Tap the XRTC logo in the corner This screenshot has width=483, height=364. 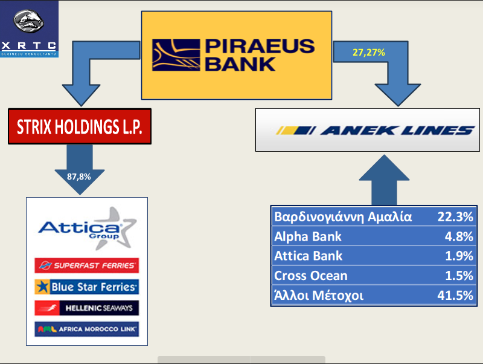[29, 28]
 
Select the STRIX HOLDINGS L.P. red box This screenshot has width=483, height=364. [79, 128]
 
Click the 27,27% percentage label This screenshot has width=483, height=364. [368, 53]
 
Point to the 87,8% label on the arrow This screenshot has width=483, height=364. [78, 177]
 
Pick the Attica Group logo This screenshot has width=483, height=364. [86, 229]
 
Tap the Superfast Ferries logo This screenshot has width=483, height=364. [86, 265]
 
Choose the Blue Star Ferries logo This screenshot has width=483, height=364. [86, 287]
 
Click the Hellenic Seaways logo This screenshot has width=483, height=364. [86, 308]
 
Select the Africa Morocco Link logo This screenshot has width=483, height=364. [86, 329]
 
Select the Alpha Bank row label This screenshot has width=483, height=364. [308, 236]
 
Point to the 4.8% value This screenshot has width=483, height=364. [459, 236]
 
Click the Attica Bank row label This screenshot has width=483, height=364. [308, 256]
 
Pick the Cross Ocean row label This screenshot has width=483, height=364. [311, 276]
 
